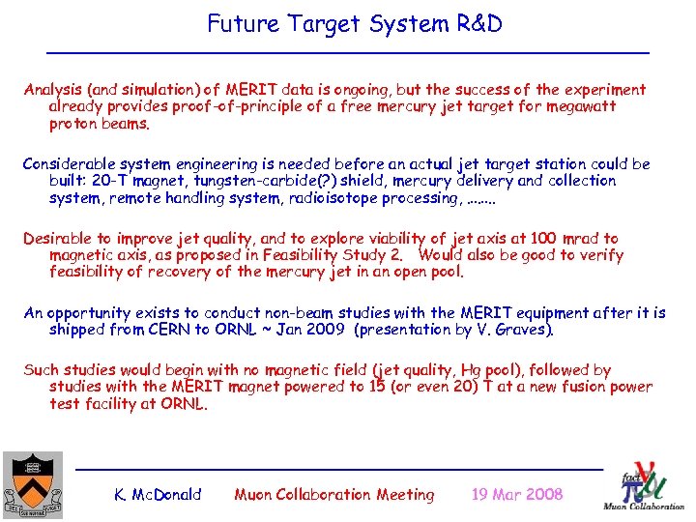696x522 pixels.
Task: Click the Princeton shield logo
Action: point(33,483)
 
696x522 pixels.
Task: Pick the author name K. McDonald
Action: point(158,495)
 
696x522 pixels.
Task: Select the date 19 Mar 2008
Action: point(516,495)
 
